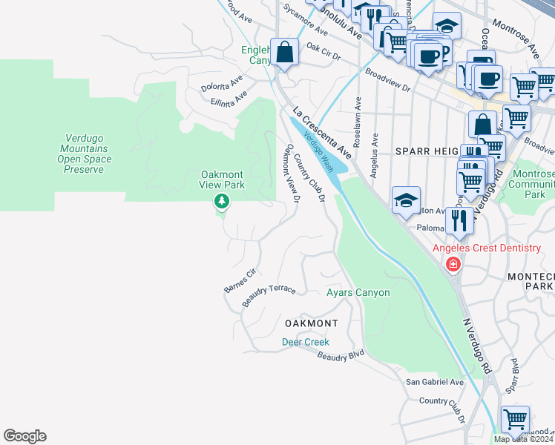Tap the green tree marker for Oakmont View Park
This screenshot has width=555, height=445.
220,201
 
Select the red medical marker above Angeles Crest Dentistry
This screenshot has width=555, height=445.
453,264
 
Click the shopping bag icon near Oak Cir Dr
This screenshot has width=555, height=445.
284,53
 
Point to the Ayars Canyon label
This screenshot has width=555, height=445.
358,293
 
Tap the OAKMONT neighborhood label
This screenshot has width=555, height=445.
311,323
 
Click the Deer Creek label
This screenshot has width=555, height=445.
305,342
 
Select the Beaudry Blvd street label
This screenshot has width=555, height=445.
341,357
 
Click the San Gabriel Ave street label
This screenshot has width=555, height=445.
434,382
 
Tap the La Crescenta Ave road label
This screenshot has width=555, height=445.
321,128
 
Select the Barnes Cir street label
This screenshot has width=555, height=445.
240,280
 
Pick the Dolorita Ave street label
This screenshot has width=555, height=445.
222,82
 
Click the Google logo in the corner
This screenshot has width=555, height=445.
24,436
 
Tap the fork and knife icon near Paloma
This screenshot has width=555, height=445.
460,220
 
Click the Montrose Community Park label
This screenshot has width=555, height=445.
534,184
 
